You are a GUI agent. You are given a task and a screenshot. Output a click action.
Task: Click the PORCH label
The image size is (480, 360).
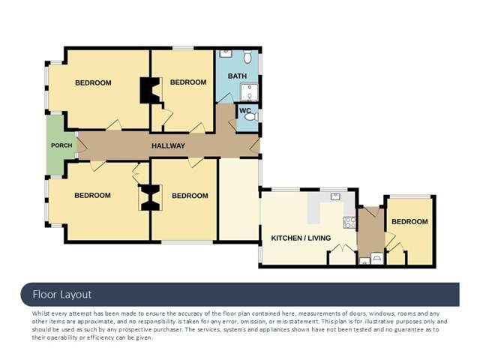tap(60, 145)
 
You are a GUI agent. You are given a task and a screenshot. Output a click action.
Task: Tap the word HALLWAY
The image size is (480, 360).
tap(168, 145)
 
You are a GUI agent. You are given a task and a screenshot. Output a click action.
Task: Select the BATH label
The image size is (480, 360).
tap(237, 76)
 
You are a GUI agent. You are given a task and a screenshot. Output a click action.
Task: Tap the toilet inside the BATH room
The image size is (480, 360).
tap(248, 56)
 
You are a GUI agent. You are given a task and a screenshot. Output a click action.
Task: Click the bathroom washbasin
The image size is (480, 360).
tap(225, 55)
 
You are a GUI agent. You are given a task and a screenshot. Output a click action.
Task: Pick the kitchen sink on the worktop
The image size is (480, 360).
tap(335, 196)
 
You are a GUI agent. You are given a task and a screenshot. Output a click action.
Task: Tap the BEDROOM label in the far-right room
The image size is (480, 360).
tap(409, 222)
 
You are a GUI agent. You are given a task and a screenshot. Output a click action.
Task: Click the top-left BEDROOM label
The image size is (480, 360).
tap(93, 82)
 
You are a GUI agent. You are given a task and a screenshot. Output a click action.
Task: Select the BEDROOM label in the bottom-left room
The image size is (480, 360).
tap(92, 196)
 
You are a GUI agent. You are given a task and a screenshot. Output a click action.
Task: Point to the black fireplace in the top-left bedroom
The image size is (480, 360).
tap(147, 91)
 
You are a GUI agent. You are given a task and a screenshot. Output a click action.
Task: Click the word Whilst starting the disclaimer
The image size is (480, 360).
tap(42, 313)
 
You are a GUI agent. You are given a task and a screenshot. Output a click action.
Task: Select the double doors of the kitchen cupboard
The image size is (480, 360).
tap(342, 253)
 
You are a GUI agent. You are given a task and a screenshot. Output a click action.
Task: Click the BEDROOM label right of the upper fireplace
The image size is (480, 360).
tap(188, 82)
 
